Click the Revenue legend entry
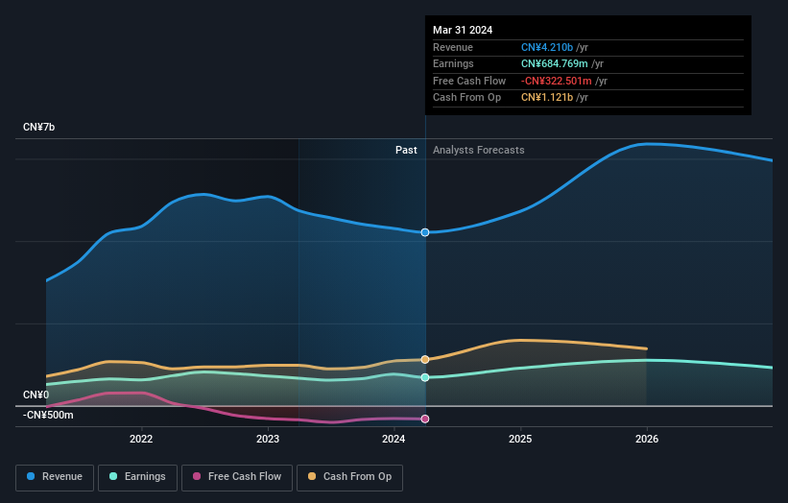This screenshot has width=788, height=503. coord(55,476)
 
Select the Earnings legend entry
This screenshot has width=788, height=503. coord(136,476)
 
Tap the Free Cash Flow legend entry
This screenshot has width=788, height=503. coord(237,476)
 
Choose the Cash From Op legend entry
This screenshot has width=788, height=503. coord(349,476)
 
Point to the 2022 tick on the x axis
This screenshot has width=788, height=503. coord(141,439)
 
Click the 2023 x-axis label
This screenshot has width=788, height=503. coord(268,439)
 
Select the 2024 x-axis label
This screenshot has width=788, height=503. coord(394,439)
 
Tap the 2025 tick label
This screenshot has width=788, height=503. coord(520,439)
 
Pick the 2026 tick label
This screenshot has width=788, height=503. coord(647,439)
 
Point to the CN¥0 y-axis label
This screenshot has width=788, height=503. coord(36,395)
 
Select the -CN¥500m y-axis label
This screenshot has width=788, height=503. coord(48,415)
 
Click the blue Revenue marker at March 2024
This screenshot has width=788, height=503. coord(425,232)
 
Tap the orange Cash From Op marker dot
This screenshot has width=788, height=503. coord(425,359)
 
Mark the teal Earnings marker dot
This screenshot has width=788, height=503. coord(425,377)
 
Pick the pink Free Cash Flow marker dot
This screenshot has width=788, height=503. coord(425,419)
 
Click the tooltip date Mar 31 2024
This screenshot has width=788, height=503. coord(462,30)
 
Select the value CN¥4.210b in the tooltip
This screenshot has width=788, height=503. coord(547,47)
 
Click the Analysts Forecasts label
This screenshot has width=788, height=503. coord(478,150)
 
